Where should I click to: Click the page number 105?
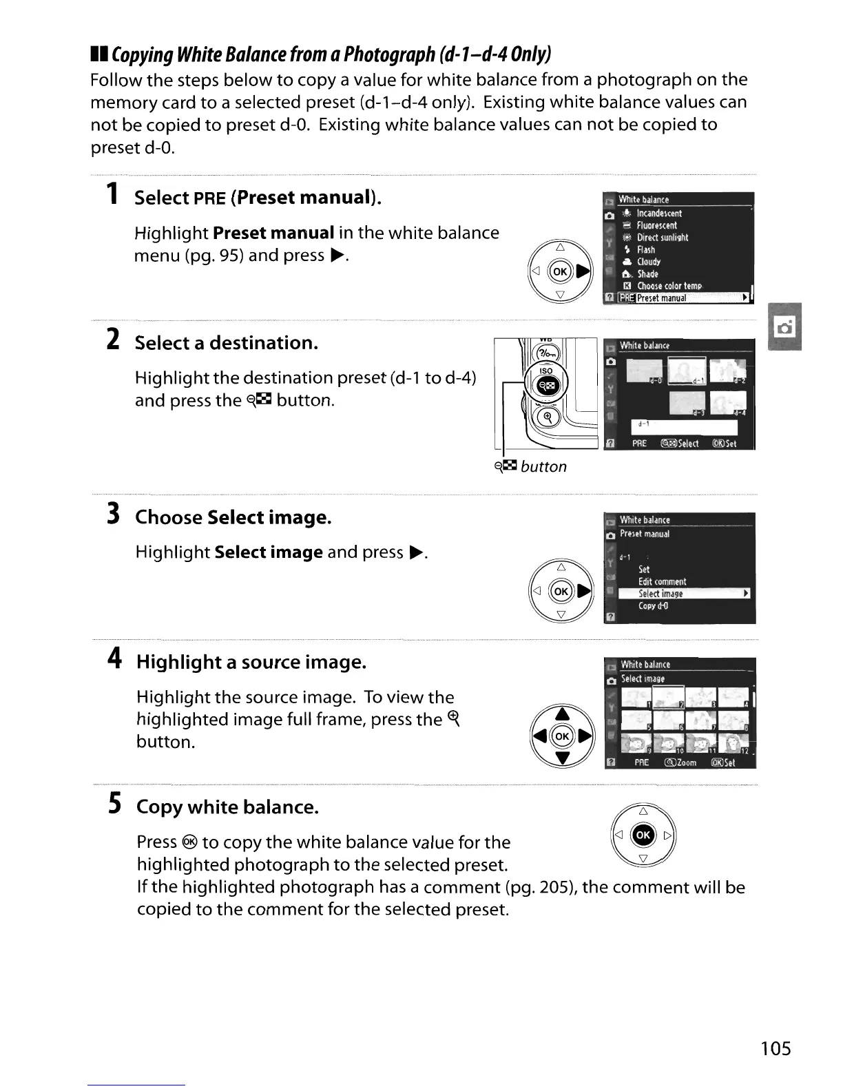776,1048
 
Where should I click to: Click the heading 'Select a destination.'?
227,342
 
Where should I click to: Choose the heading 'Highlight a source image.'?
251,662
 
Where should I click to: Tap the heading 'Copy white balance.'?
228,807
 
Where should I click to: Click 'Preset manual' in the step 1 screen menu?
661,298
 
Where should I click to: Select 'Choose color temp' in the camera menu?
669,286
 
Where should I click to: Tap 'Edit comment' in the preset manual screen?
662,581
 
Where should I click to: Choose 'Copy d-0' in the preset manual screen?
653,606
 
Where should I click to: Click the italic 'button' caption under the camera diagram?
543,466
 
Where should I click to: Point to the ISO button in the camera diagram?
545,371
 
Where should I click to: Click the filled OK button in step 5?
643,835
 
